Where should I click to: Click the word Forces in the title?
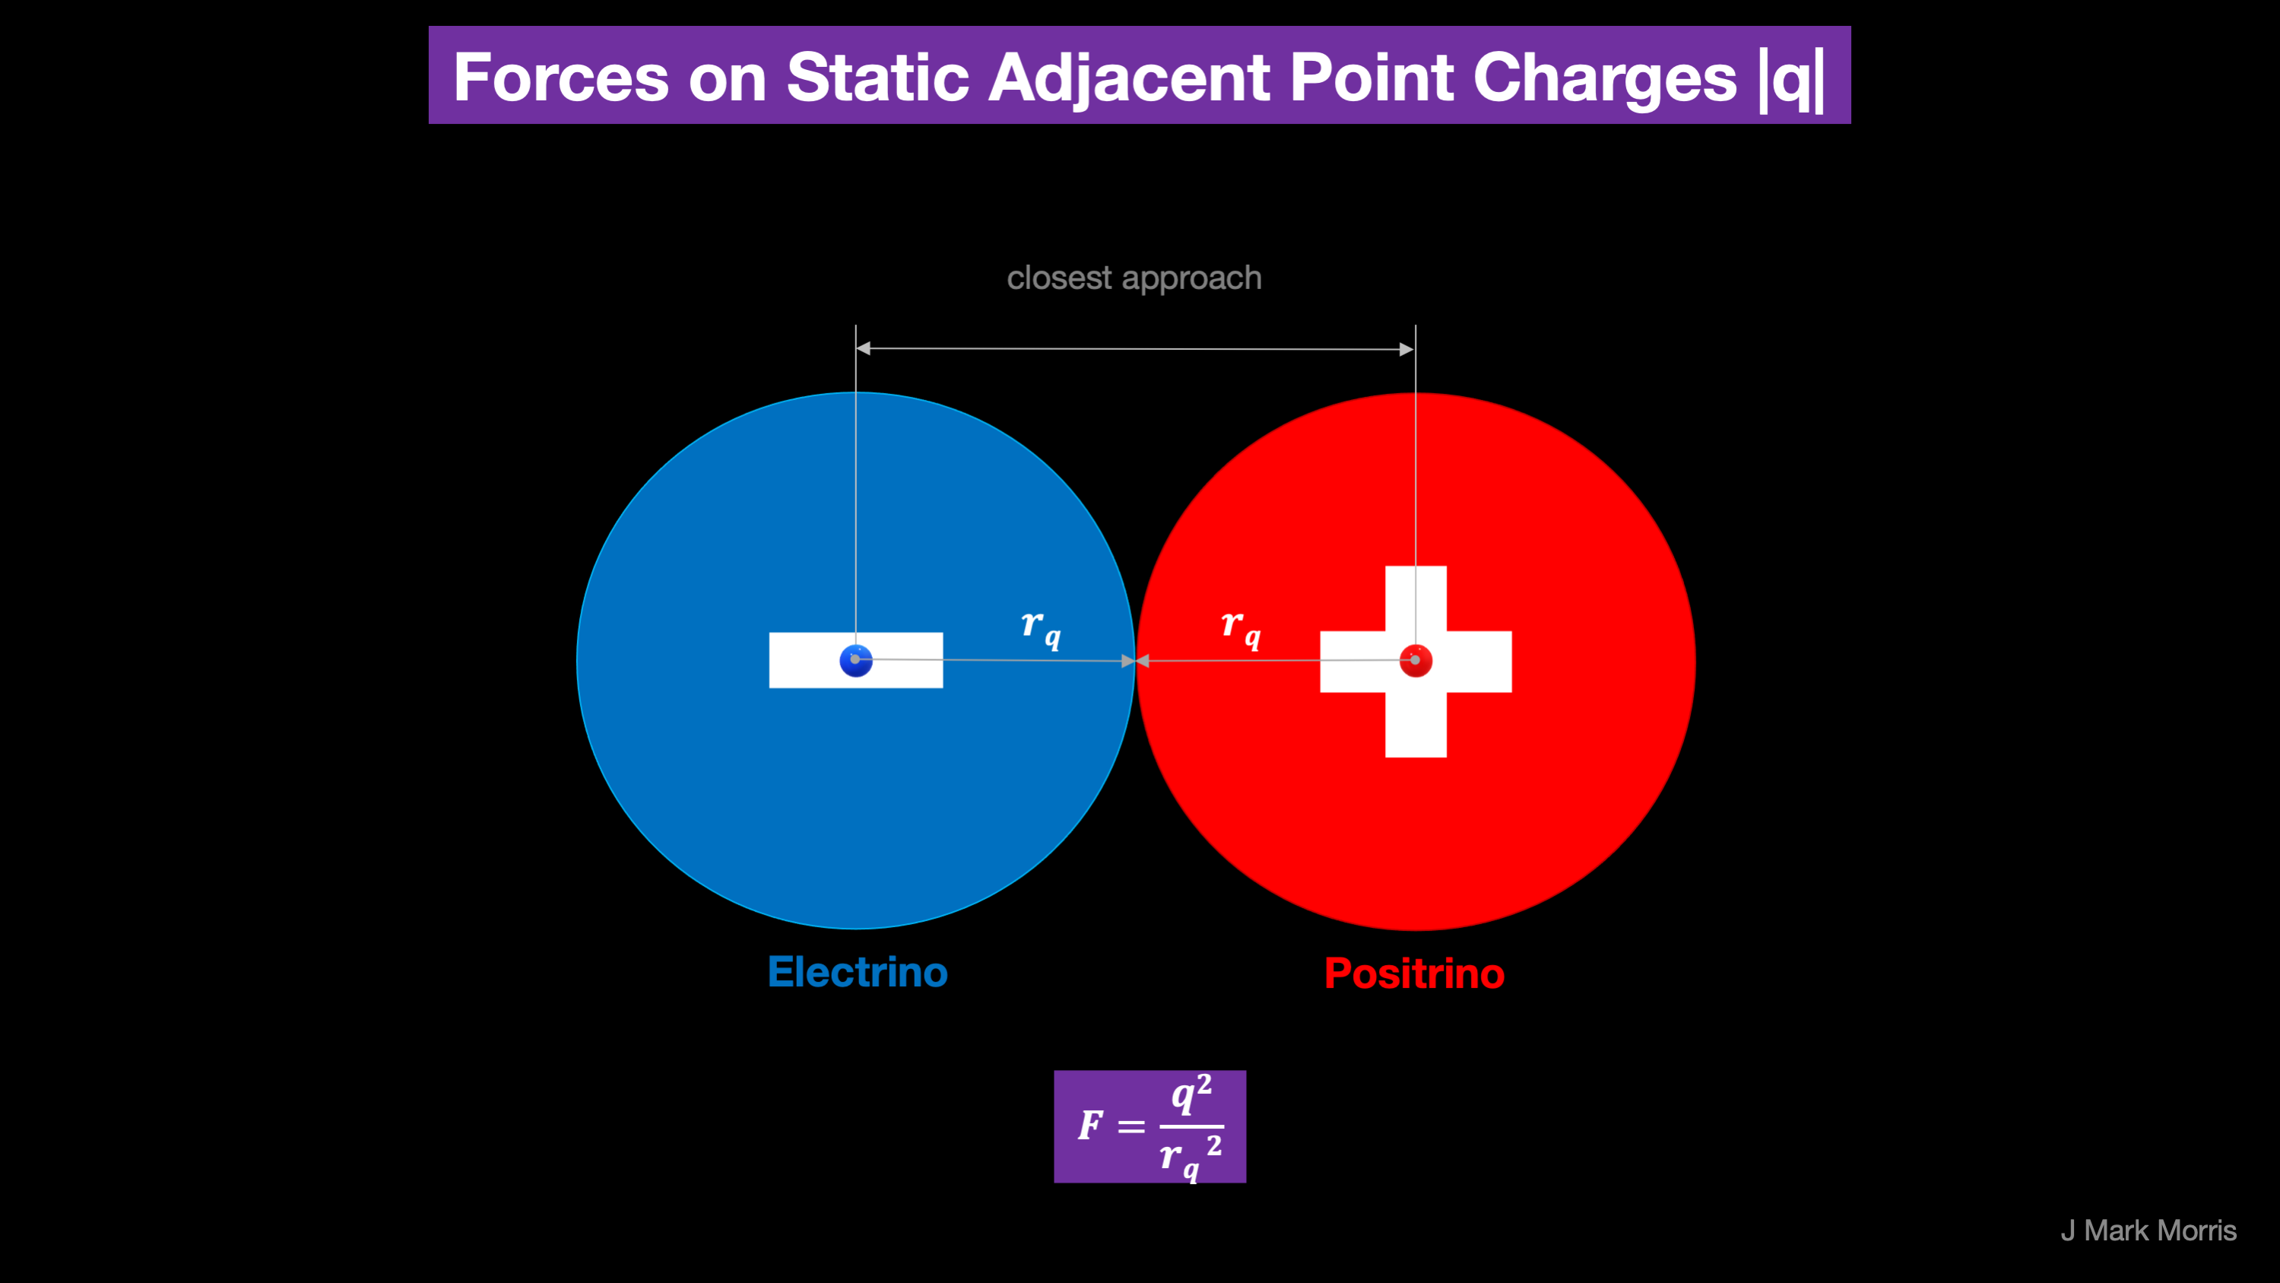(561, 77)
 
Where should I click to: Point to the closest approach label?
(1134, 279)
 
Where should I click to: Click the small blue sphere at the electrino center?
(856, 661)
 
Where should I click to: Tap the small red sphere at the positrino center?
(1416, 661)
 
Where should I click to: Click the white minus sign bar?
(856, 661)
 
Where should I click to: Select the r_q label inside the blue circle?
(1040, 630)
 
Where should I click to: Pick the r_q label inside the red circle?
(1240, 630)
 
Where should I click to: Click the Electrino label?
(858, 972)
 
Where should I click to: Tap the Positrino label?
(1414, 974)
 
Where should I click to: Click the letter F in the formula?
(1090, 1126)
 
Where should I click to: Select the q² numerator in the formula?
(1191, 1095)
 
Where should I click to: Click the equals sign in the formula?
(1131, 1127)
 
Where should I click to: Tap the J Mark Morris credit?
(2148, 1231)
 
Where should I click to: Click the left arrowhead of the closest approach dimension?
(864, 348)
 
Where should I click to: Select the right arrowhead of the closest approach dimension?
(1406, 350)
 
